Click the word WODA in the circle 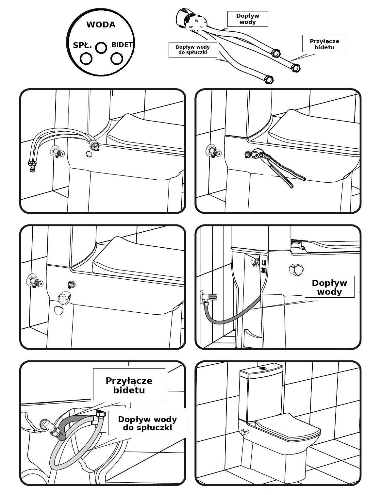point(101,25)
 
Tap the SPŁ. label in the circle point(82,45)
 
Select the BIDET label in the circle point(122,45)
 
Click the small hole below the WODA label point(101,48)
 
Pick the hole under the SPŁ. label point(86,58)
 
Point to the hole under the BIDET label point(117,58)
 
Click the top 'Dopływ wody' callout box point(248,19)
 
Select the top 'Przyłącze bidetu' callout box point(324,44)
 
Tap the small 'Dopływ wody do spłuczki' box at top point(193,50)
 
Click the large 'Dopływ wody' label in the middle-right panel point(329,287)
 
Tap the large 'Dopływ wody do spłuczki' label point(148,423)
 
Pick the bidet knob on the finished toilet point(245,432)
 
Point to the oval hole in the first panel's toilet point(89,154)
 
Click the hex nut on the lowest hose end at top point(269,80)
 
